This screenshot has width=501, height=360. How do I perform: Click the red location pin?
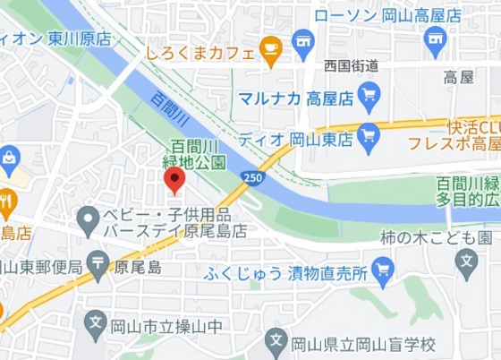click(x=174, y=179)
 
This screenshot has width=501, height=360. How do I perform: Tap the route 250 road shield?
click(x=253, y=178)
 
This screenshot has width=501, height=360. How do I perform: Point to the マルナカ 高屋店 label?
click(x=293, y=96)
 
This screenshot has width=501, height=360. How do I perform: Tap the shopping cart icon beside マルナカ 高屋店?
click(x=369, y=95)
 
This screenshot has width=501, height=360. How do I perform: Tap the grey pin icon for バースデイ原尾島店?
click(x=88, y=218)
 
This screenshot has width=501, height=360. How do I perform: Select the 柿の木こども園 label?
click(x=436, y=237)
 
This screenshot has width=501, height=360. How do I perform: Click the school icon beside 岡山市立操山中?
click(x=96, y=321)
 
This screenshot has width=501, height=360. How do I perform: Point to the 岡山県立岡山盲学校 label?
click(x=363, y=344)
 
